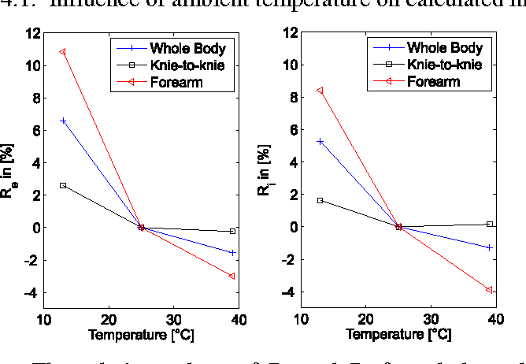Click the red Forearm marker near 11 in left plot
(62, 52)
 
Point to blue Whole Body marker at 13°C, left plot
(63, 121)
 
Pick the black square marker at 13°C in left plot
(63, 185)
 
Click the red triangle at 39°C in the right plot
(490, 289)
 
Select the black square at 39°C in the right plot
(490, 225)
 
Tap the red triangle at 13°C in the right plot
(320, 91)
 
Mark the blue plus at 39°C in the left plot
(232, 252)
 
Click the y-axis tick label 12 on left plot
(32, 33)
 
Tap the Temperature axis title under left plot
(141, 335)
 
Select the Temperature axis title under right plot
(398, 335)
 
